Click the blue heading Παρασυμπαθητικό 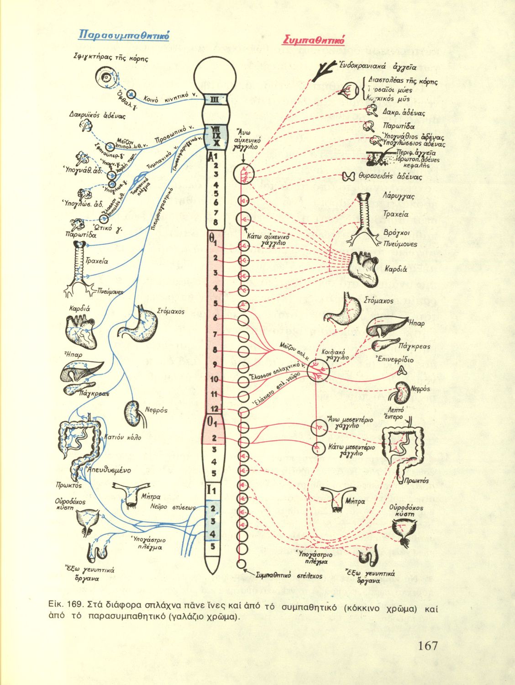tap(125, 35)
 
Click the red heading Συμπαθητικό tap(314, 40)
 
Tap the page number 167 tap(427, 646)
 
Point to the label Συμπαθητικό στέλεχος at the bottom tap(289, 576)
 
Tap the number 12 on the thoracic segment tap(215, 408)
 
